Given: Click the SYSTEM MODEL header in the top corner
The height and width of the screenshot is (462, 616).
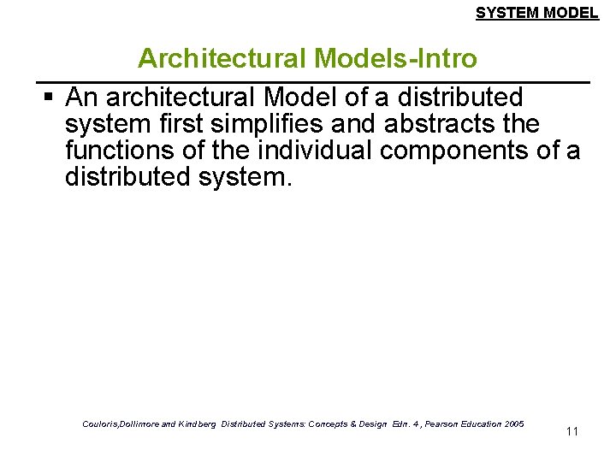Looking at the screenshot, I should (x=536, y=13).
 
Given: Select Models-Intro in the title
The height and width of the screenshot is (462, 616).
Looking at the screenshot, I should (x=395, y=58).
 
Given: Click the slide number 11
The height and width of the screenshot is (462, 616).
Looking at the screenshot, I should (x=572, y=431).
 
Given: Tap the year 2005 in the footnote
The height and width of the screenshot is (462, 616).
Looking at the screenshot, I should (x=514, y=424).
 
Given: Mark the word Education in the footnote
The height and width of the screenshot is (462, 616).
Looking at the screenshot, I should (x=481, y=424).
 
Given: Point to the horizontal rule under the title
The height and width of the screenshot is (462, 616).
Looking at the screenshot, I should (x=317, y=81).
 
